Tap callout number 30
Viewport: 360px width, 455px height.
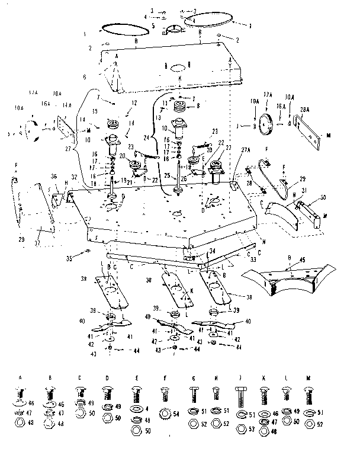click(x=322, y=198)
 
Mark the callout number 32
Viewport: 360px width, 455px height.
click(x=75, y=177)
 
